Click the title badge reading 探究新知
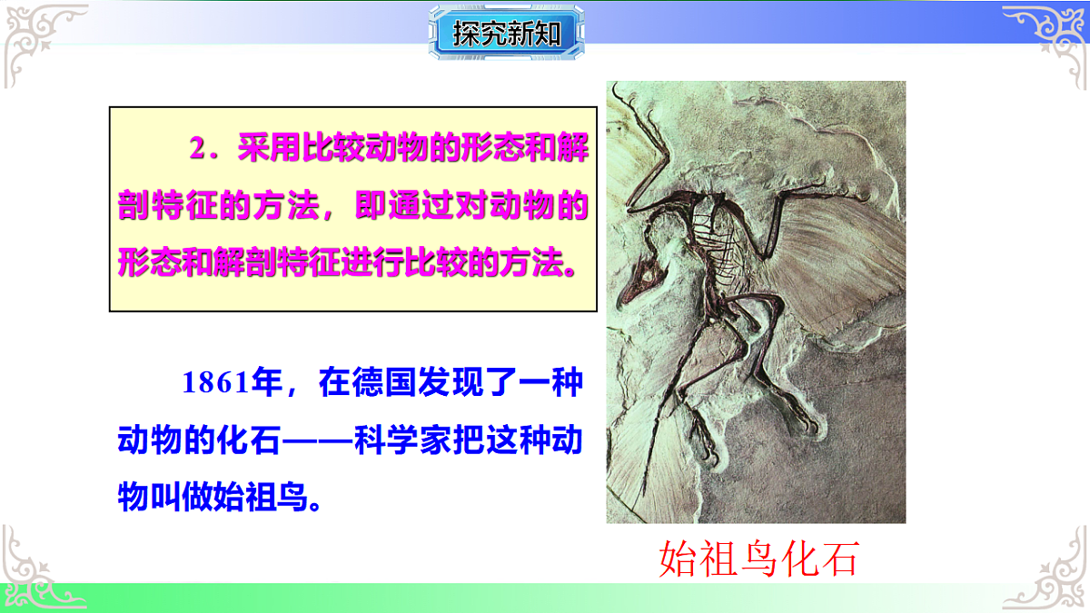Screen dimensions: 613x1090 (x=506, y=35)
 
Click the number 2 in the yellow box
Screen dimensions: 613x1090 (x=197, y=150)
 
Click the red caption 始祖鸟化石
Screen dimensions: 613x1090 (x=758, y=559)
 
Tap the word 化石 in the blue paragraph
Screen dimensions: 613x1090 (x=248, y=440)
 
